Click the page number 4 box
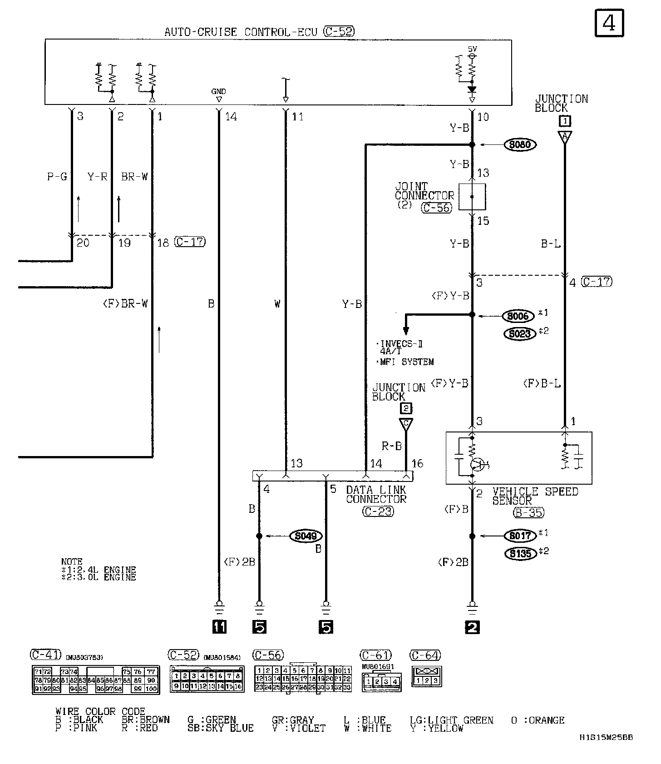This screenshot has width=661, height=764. (609, 23)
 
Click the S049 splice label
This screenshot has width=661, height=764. (306, 536)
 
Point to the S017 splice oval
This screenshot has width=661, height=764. (520, 536)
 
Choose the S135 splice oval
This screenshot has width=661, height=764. (520, 554)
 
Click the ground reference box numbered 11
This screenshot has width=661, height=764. (219, 627)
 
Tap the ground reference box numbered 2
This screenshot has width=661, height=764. (472, 627)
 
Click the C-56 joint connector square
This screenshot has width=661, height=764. (472, 197)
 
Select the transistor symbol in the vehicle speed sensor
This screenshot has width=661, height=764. (477, 464)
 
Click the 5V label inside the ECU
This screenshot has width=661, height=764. (472, 49)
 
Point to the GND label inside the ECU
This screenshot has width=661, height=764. (218, 91)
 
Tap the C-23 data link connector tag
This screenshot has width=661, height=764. (378, 511)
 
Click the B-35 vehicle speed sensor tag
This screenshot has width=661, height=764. (528, 513)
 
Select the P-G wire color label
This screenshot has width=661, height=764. (57, 177)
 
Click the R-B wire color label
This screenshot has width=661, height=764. (391, 446)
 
